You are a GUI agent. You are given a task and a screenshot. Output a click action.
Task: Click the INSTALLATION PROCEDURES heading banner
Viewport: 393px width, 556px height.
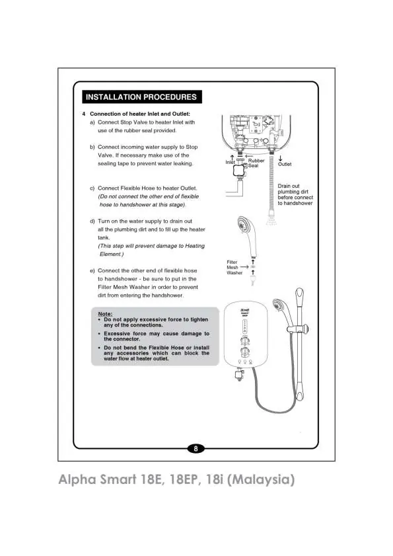(142, 97)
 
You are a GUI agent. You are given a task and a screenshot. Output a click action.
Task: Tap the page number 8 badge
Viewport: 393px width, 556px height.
(196, 448)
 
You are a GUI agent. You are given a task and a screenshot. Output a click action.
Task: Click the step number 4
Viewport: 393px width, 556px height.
(84, 114)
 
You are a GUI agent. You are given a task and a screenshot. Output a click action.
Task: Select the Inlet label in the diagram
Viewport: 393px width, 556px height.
(230, 162)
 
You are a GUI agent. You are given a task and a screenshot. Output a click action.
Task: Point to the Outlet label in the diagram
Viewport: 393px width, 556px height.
(285, 164)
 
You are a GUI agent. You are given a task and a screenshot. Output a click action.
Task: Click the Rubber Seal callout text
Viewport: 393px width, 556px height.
(256, 163)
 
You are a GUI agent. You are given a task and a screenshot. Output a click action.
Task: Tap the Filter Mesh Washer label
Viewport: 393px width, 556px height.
(234, 267)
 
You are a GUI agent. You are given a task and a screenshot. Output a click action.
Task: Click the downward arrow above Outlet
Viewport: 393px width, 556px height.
(280, 158)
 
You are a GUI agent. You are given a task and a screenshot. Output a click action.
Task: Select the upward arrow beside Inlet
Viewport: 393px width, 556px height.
(232, 157)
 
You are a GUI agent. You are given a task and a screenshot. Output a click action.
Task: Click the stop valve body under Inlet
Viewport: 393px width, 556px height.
(240, 171)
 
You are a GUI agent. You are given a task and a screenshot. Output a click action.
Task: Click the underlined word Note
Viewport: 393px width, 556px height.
(105, 314)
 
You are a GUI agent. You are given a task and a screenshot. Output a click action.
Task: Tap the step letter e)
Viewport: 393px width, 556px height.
(92, 270)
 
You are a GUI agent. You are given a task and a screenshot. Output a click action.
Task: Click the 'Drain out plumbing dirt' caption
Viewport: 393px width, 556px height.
(295, 194)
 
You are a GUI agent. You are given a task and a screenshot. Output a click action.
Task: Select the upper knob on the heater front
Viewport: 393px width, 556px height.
(244, 340)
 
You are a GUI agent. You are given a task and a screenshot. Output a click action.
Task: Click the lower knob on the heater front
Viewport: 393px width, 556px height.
(244, 352)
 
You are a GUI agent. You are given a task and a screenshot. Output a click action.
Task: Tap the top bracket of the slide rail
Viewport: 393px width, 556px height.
(299, 296)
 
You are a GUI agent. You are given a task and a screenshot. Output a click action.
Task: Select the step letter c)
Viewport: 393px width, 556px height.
(92, 188)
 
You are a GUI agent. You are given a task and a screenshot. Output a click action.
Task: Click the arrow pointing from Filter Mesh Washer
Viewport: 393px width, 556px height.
(244, 266)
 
